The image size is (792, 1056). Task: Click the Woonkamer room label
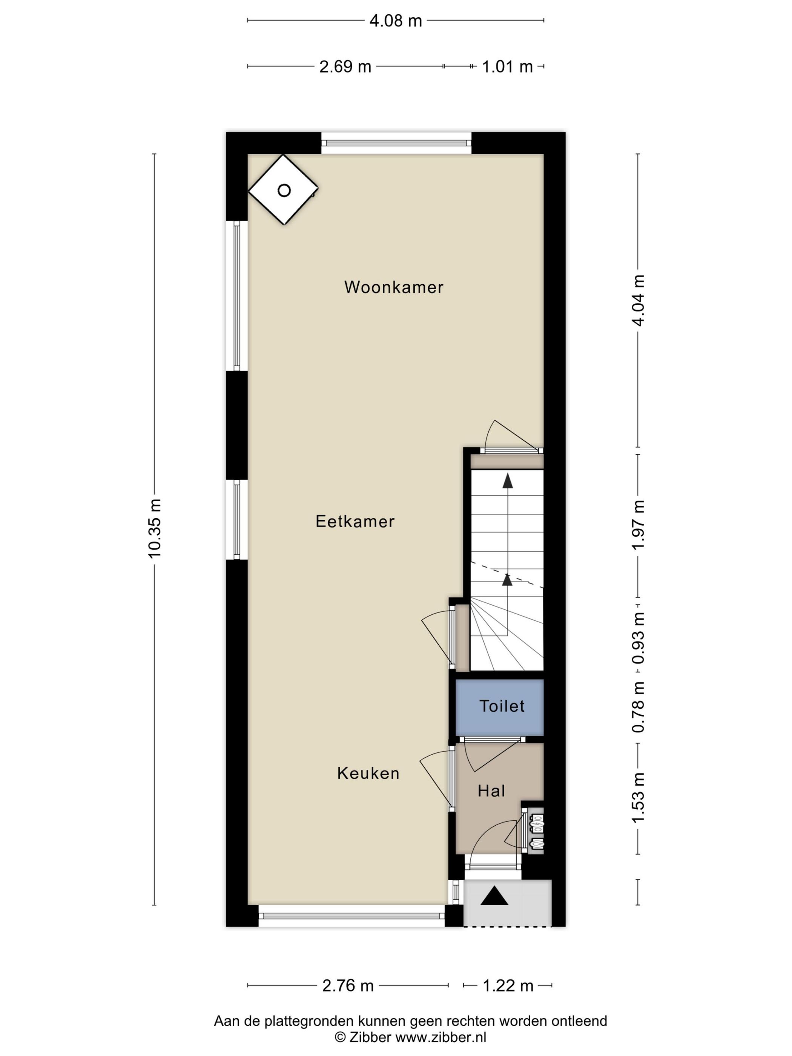tap(394, 287)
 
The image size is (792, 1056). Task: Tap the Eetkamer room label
tap(355, 521)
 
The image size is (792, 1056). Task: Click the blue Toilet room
tap(500, 706)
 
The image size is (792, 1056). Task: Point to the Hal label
tap(491, 791)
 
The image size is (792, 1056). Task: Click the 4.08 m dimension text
tap(396, 20)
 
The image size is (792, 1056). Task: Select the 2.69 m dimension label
tap(345, 66)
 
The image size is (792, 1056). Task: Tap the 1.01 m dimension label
tap(507, 66)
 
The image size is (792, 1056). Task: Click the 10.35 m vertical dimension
tap(155, 528)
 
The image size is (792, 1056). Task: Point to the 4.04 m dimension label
tap(638, 300)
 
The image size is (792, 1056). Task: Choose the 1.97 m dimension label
tap(638, 525)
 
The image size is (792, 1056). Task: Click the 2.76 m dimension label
tap(348, 985)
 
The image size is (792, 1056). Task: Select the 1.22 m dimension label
tap(508, 985)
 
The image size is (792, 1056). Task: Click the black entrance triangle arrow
tap(494, 896)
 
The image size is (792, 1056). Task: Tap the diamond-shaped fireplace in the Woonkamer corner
tap(283, 190)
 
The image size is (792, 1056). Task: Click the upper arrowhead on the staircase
tap(508, 481)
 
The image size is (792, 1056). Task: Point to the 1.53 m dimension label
tap(638, 797)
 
